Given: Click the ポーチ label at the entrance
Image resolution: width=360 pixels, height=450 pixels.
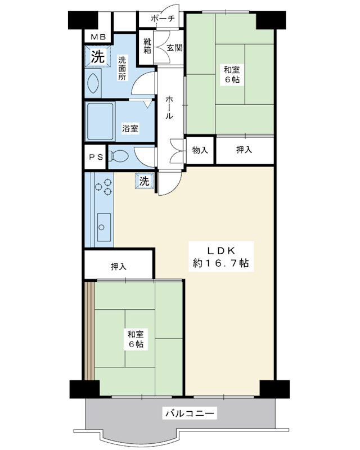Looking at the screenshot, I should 164,19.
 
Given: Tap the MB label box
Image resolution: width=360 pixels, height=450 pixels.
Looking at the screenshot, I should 98,38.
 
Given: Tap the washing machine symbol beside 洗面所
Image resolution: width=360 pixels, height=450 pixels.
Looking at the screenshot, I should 97,57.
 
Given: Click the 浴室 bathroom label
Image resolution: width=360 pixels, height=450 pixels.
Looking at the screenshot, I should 130,128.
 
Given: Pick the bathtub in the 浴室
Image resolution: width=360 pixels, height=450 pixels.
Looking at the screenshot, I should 100,121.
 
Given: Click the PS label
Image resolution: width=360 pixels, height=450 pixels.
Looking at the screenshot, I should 96,157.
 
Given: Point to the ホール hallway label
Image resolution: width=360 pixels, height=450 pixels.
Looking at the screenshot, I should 169,107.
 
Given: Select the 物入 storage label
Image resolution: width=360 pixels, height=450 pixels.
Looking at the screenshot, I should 200,150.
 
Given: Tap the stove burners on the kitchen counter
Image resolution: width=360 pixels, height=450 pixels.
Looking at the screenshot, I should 103,188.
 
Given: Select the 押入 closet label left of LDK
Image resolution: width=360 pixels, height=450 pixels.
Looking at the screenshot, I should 119,266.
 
